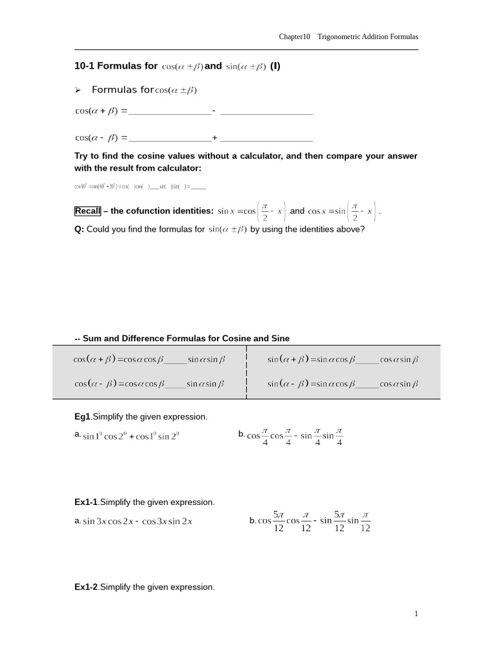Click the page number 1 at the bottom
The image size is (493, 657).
point(416,614)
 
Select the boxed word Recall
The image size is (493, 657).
point(87,211)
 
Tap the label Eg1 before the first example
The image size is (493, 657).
point(83,417)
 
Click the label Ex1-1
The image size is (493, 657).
point(87,502)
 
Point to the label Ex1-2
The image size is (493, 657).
point(87,587)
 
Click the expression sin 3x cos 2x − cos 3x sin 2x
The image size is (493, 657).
point(137,522)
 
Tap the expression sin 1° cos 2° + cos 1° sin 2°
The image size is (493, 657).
point(131,436)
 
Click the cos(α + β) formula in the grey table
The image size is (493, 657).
point(150,360)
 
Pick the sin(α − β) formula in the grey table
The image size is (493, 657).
point(343,384)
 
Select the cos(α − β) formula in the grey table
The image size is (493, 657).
point(150,384)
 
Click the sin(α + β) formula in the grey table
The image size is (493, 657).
point(343,360)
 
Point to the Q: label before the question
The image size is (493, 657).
point(80,229)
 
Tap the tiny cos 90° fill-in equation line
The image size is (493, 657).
point(140,187)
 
